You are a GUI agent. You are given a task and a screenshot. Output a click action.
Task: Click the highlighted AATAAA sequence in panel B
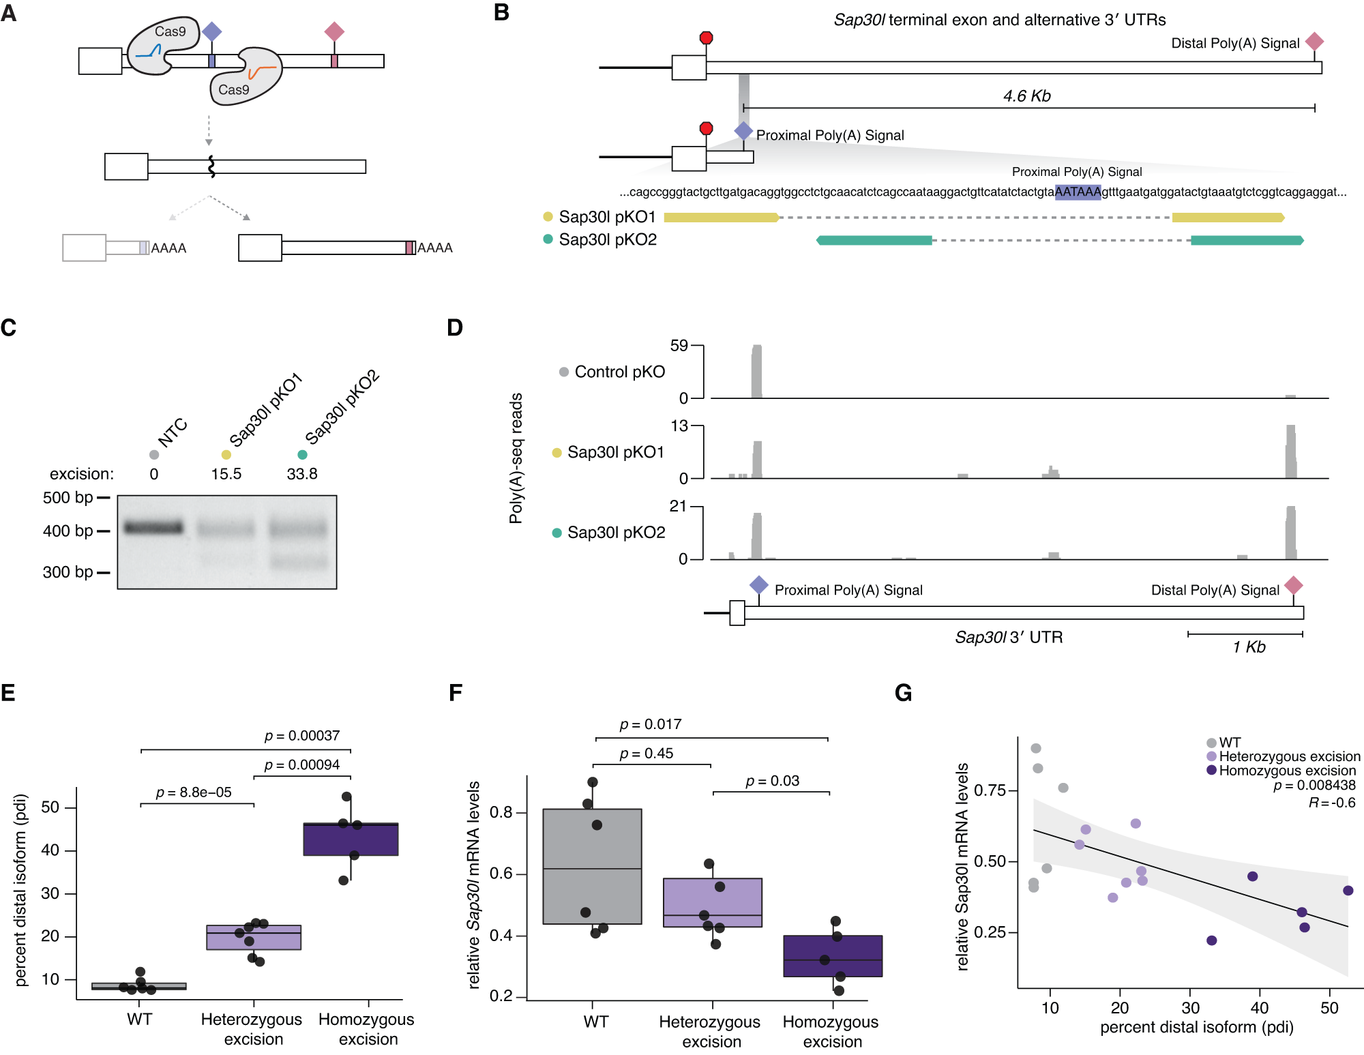coord(1078,192)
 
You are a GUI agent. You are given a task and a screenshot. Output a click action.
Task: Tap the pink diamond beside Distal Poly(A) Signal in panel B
coord(1314,42)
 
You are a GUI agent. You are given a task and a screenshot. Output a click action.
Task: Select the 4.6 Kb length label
coord(1026,96)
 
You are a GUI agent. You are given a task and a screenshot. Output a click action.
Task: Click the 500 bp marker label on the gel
coord(68,498)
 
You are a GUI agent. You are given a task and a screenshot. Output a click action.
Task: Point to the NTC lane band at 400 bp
coord(153,527)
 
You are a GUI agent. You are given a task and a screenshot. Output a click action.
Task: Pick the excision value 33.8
coord(302,474)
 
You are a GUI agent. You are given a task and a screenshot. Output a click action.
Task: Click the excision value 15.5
coord(226,474)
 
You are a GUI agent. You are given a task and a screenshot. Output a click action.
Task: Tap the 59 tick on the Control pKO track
coord(679,346)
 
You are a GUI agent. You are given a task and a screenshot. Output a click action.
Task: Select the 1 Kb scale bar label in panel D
coord(1249,647)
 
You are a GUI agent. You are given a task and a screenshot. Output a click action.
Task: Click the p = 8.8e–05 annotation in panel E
coord(194,792)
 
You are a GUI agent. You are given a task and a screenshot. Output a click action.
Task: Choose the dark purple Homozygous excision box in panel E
coord(351,839)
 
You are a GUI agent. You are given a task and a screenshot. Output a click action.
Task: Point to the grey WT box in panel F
coord(592,866)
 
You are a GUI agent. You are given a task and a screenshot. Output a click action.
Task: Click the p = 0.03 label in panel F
coord(772,781)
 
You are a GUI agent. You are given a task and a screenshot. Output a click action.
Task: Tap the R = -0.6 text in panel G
coord(1332,803)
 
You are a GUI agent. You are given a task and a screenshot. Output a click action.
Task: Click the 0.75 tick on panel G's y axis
coord(990,790)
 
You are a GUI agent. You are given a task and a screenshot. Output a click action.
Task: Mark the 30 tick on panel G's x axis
coord(1190,1008)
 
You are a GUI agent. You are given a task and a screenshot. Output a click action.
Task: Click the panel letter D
coord(455,328)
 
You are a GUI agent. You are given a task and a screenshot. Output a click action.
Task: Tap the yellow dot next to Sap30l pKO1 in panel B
coord(548,217)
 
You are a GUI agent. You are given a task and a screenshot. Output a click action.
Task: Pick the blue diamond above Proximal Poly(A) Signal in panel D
coord(759,584)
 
